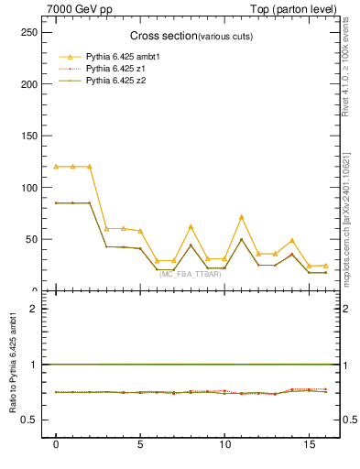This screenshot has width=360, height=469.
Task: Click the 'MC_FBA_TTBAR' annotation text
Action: tap(190, 274)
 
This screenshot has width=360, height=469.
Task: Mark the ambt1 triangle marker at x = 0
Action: tap(56, 167)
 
